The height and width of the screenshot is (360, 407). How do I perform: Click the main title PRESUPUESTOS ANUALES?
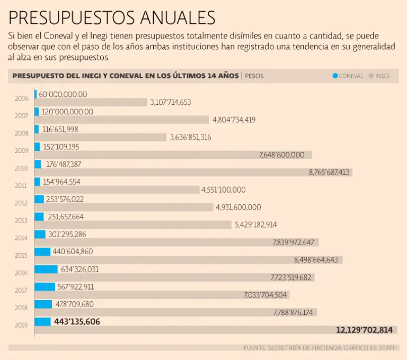(x=112, y=17)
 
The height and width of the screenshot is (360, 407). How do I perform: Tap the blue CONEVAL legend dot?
(x=335, y=76)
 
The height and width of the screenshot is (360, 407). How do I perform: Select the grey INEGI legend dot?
(x=371, y=76)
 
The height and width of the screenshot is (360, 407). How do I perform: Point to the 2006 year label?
(x=22, y=98)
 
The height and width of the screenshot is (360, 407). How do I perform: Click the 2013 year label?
(x=22, y=221)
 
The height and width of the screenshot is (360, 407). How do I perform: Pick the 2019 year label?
(x=22, y=326)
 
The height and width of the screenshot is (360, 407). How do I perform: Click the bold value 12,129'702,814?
(x=364, y=330)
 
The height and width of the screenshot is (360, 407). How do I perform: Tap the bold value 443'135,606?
(x=77, y=321)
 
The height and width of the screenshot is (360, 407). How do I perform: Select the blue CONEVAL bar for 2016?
(x=46, y=269)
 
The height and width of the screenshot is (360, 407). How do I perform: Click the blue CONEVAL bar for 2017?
(x=45, y=286)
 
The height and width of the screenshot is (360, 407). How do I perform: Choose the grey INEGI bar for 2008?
(x=101, y=137)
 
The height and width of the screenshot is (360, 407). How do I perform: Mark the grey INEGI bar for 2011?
(x=117, y=190)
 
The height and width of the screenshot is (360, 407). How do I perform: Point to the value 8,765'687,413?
(x=329, y=172)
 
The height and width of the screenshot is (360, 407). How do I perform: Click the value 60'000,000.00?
(x=63, y=94)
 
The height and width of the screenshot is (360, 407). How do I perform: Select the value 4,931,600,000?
(x=238, y=207)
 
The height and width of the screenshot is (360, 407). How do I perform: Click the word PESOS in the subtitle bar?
(x=254, y=76)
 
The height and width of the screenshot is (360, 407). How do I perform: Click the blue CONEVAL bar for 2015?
(x=42, y=251)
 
